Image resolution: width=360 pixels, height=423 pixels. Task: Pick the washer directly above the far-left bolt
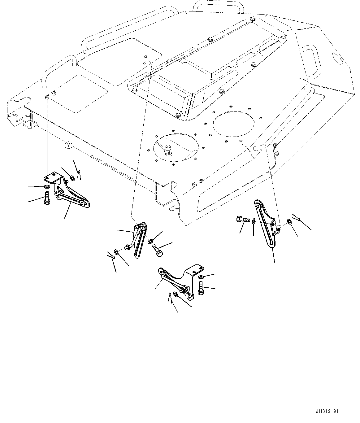pyautogui.click(x=46, y=187)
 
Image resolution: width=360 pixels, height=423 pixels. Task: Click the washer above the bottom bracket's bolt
pyautogui.click(x=201, y=277)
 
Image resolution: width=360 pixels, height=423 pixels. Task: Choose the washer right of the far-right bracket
pyautogui.click(x=289, y=222)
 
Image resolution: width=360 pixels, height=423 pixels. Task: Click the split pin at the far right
pyautogui.click(x=297, y=217)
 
